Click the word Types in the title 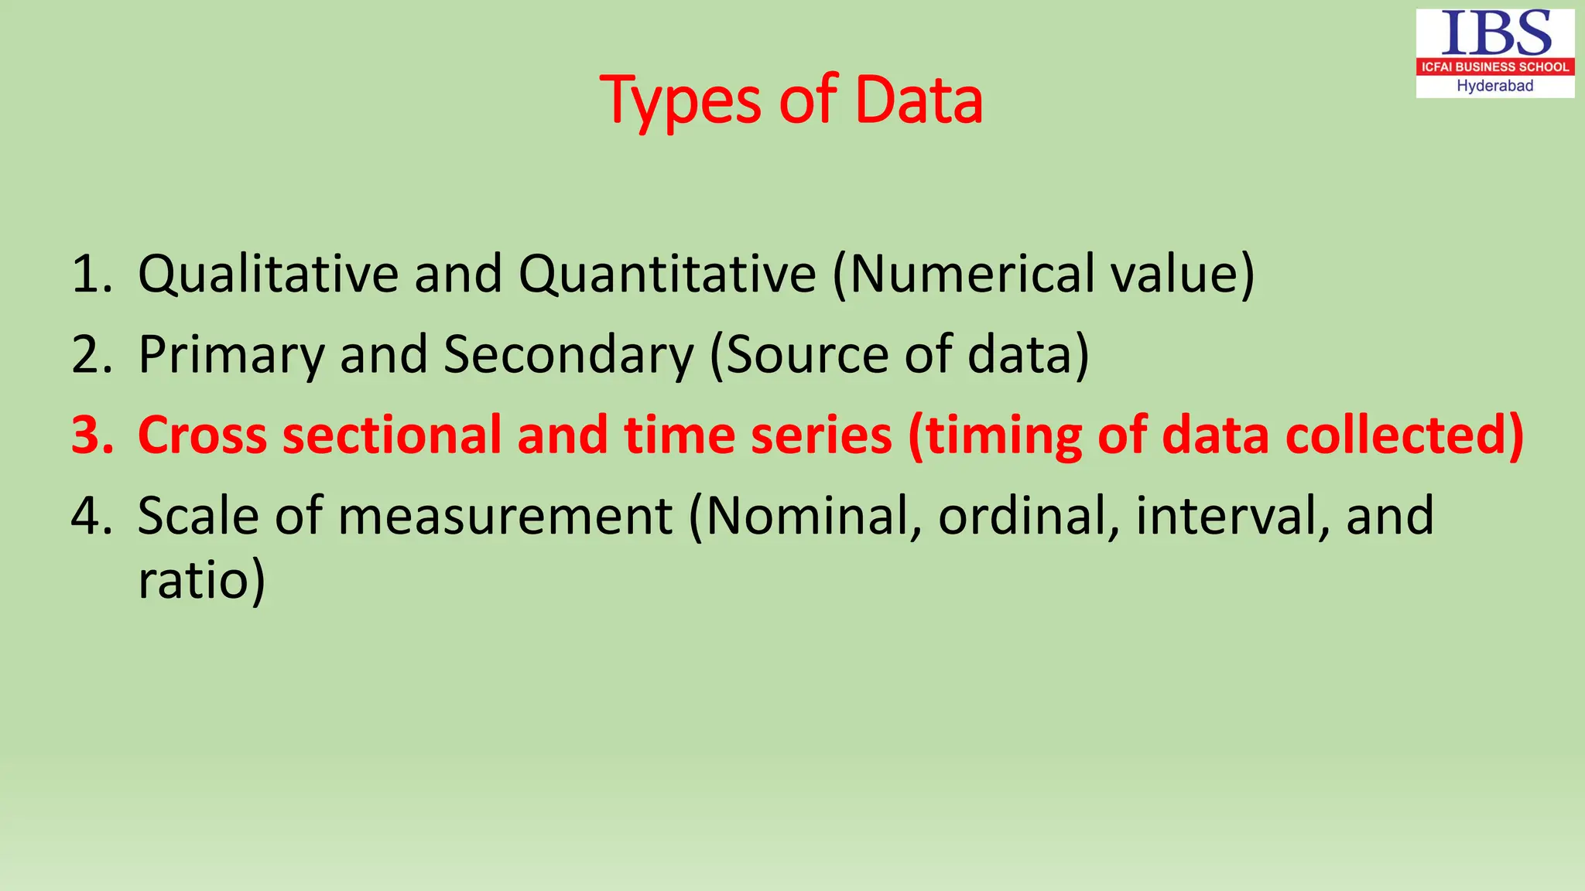coord(681,101)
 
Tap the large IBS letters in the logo coord(1495,34)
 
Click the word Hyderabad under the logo coord(1495,86)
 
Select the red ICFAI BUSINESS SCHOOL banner coord(1495,67)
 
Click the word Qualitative coord(267,275)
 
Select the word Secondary coord(569,355)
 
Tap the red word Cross coord(202,435)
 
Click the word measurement coord(505,516)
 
